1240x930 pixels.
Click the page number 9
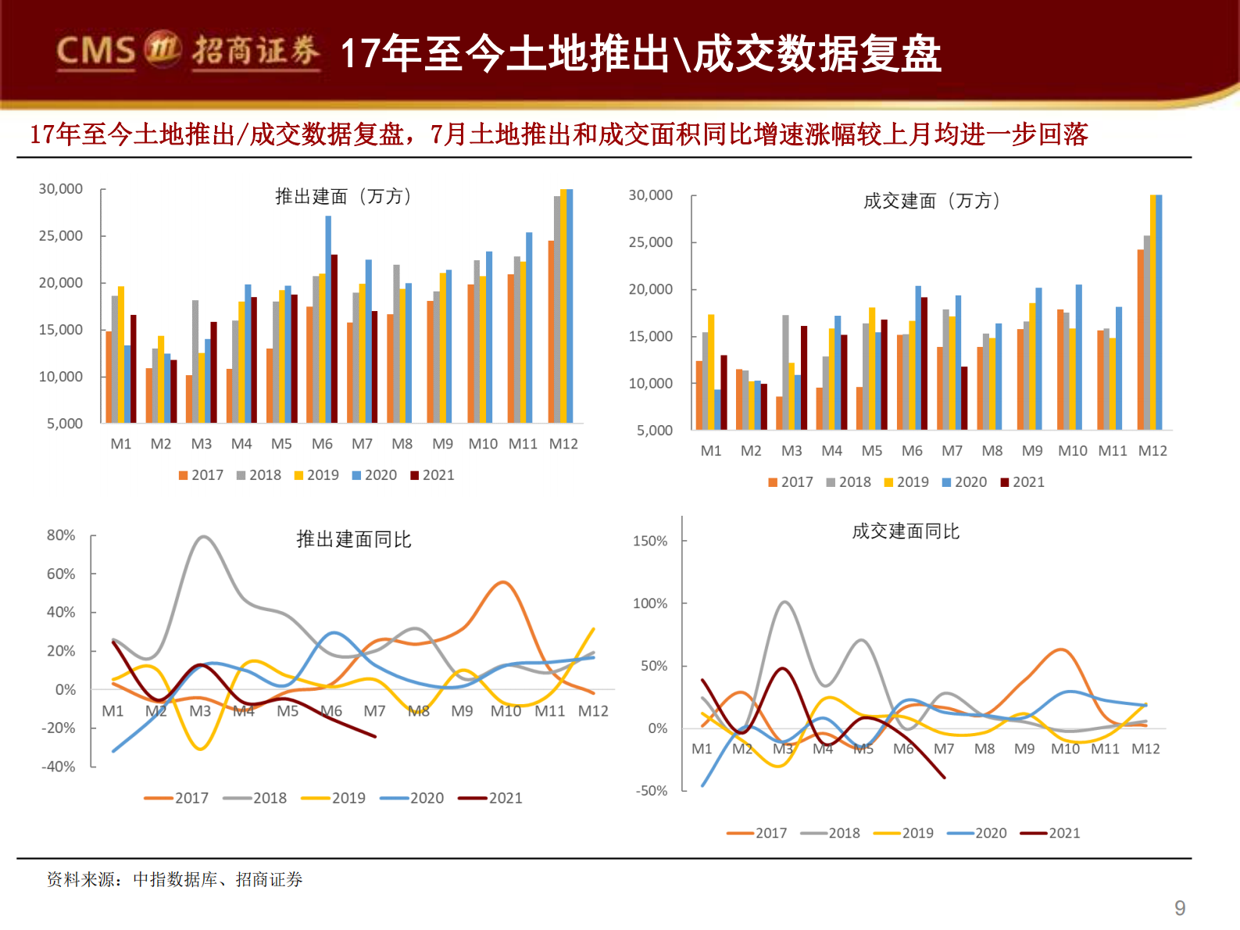1180,908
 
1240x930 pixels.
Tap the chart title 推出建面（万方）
343,196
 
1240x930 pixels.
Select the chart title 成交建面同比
905,531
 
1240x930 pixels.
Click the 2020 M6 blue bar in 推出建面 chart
328,319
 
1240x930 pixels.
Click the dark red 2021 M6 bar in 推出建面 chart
334,338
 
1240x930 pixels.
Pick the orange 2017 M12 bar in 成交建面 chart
1140,339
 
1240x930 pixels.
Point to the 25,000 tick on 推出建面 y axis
61,236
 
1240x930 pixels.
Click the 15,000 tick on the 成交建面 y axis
650,337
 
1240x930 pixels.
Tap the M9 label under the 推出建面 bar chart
442,444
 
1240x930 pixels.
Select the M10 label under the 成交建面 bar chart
1072,451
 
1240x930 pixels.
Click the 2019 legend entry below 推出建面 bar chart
316,475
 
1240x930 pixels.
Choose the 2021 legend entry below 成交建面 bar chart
1022,482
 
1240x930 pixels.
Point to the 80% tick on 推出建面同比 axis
61,535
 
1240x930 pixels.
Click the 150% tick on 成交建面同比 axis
650,541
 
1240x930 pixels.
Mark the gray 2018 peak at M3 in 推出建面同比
203,537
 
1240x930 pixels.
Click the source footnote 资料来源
174,880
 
